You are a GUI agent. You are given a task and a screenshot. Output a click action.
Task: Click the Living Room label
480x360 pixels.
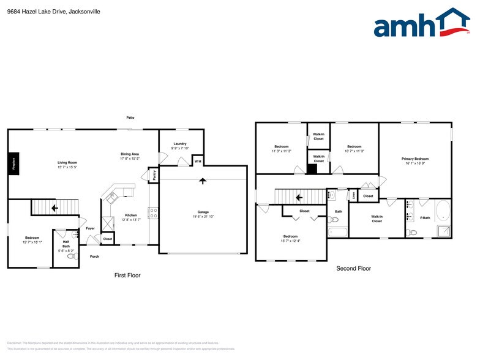click(67, 162)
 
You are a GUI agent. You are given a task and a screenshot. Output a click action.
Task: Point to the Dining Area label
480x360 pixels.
click(130, 154)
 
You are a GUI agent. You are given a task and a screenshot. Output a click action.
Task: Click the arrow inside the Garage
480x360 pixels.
click(203, 181)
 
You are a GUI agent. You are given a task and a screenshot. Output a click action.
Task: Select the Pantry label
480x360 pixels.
click(153, 175)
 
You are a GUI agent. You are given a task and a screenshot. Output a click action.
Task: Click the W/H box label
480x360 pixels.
click(198, 162)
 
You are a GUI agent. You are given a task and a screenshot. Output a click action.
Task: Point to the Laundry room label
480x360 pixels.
click(180, 144)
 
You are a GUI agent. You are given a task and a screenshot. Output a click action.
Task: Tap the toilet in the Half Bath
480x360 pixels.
click(72, 255)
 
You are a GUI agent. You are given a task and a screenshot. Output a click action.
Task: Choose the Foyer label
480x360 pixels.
click(90, 228)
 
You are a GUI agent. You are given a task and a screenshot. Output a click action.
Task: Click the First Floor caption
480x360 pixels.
click(127, 276)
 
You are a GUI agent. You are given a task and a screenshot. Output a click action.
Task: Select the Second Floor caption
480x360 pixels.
click(353, 268)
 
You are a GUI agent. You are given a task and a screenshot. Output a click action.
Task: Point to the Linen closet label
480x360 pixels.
click(353, 196)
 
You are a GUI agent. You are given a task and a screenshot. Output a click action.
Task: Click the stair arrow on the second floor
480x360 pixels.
click(299, 197)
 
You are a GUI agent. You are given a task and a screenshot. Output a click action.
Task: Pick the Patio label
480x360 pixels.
click(130, 118)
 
